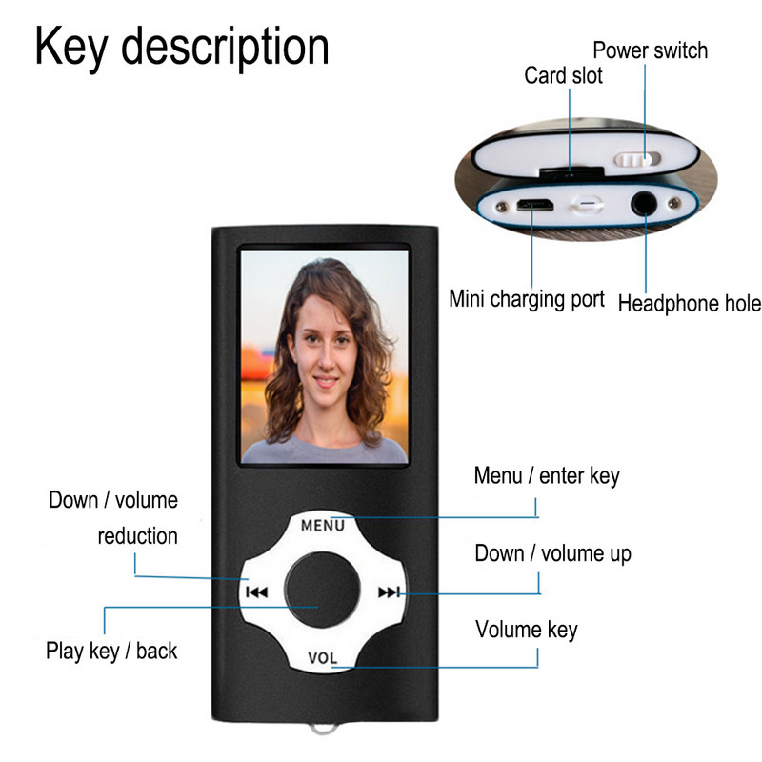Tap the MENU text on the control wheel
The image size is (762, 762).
pyautogui.click(x=322, y=524)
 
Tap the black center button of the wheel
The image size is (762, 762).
pyautogui.click(x=321, y=591)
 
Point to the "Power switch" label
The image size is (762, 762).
pyautogui.click(x=650, y=50)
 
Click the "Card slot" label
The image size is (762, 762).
pyautogui.click(x=563, y=75)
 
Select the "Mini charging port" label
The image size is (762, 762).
pyautogui.click(x=527, y=299)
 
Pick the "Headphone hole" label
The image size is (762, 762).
pyautogui.click(x=690, y=304)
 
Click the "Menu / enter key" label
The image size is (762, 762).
pyautogui.click(x=547, y=475)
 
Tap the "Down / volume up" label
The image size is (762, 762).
pyautogui.click(x=552, y=553)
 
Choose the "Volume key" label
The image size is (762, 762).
pyautogui.click(x=526, y=630)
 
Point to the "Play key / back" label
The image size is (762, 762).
pyautogui.click(x=111, y=652)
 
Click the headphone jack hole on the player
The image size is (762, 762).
pyautogui.click(x=647, y=202)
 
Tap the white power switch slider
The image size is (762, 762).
pyautogui.click(x=638, y=158)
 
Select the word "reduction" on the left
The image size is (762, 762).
pyautogui.click(x=137, y=536)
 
